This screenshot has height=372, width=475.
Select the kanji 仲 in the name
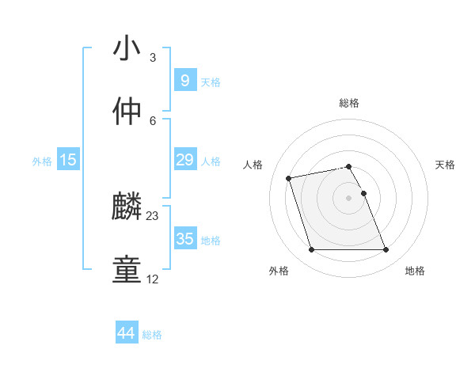127,111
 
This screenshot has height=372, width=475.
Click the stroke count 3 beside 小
153,58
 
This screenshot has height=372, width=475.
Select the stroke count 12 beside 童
153,279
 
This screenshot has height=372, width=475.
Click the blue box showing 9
184,80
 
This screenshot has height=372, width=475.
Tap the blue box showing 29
184,160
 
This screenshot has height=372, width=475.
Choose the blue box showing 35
184,239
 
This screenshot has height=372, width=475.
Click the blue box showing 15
68,160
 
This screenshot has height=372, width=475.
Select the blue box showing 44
126,333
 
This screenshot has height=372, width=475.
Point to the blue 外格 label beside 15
42,161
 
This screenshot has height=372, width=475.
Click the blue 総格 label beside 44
152,335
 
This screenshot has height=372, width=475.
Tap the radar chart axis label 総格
349,103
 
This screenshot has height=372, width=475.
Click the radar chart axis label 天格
446,165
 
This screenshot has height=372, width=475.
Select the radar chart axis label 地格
415,271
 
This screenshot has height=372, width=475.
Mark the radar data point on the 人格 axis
289,177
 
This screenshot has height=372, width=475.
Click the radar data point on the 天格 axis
363,193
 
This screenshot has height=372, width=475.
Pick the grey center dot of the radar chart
349,198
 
